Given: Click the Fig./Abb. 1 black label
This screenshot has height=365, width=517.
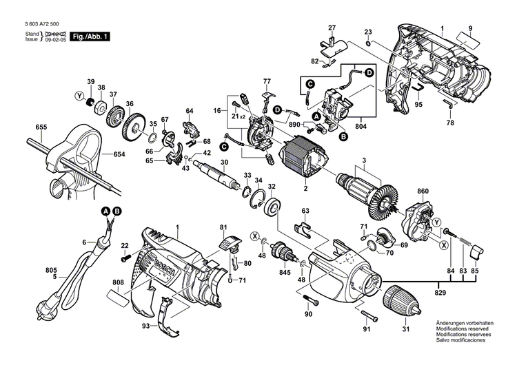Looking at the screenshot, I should [90, 36].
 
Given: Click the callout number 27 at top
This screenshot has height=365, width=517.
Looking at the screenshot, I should [332, 28].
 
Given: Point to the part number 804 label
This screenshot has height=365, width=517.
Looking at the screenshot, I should [360, 126].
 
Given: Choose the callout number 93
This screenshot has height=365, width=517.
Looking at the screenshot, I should [146, 326].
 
